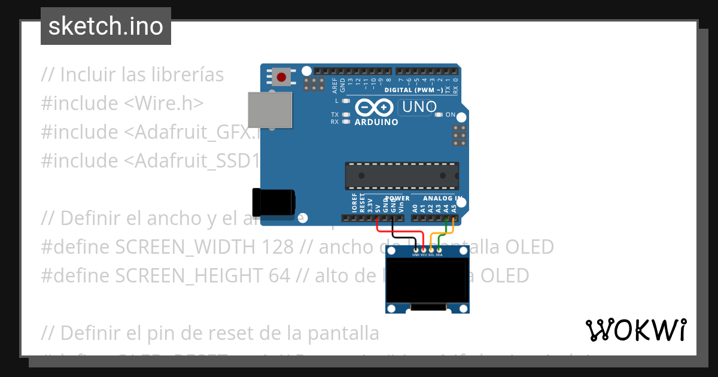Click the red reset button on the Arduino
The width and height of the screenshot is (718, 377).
click(x=281, y=77)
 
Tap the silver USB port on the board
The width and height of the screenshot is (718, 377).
click(x=269, y=110)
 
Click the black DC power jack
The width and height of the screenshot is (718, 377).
click(x=273, y=202)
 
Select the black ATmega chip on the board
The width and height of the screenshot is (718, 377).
click(x=402, y=175)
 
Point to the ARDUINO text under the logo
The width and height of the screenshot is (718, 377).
click(x=376, y=122)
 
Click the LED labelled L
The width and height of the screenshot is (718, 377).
click(x=345, y=101)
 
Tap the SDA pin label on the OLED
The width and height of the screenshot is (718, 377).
click(x=439, y=255)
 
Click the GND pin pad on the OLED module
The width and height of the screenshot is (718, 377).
click(x=416, y=249)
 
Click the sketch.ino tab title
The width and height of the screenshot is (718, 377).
click(x=106, y=26)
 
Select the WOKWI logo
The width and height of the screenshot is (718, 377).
click(x=635, y=330)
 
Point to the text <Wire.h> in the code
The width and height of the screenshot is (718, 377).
click(x=164, y=103)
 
